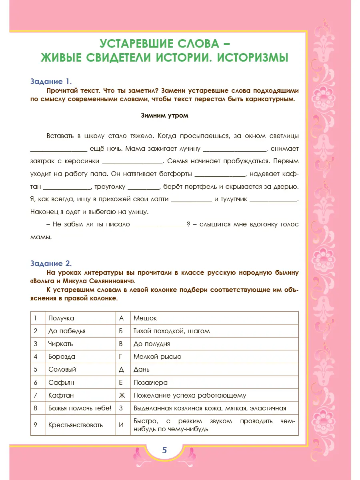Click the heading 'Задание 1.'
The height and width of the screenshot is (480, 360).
(x=51, y=81)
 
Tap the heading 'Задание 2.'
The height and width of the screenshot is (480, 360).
(x=51, y=263)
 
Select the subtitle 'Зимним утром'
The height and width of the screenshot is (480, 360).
(x=164, y=116)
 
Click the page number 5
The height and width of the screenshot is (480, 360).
(x=164, y=450)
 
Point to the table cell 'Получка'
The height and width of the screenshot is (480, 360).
(x=61, y=318)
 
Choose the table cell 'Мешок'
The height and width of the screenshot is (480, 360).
(x=145, y=318)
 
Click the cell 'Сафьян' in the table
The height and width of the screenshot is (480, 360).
(x=61, y=382)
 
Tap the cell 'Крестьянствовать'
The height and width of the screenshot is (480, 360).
(x=75, y=425)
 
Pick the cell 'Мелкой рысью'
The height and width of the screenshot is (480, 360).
(x=157, y=356)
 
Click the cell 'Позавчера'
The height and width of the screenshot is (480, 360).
(x=150, y=382)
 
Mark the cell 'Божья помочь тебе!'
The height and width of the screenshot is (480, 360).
(x=80, y=408)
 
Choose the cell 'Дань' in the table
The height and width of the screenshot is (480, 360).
(x=141, y=370)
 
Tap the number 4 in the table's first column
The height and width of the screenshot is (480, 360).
(x=36, y=356)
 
